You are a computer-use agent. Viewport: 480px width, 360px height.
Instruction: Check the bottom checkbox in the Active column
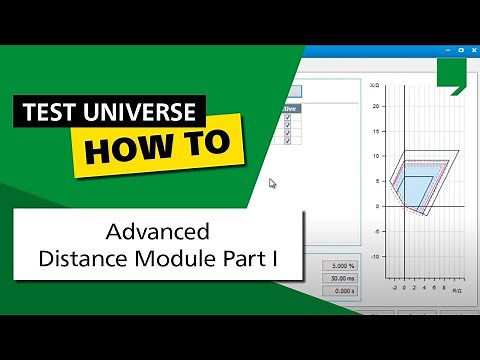287,139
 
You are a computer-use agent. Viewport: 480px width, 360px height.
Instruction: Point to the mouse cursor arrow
272,183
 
